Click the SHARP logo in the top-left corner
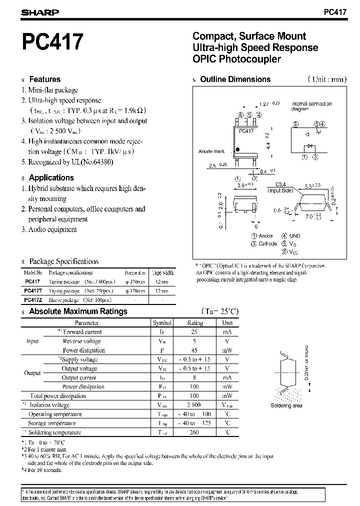click(40, 12)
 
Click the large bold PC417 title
click(51, 43)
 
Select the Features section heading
click(44, 79)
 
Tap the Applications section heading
click(51, 177)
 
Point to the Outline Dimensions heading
click(235, 79)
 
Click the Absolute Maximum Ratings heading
click(78, 311)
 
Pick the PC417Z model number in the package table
click(33, 300)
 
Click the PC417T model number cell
click(33, 290)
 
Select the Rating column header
click(195, 323)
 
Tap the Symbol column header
click(162, 323)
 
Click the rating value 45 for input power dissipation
click(195, 350)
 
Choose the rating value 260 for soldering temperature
click(195, 432)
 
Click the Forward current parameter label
click(82, 332)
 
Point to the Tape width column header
click(162, 273)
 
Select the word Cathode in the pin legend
click(267, 244)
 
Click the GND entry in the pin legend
click(294, 236)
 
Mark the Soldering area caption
click(286, 405)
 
